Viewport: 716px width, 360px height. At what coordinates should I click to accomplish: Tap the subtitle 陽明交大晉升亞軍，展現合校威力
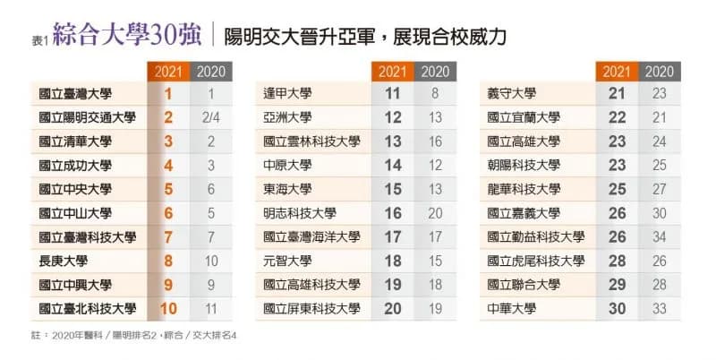[365, 37]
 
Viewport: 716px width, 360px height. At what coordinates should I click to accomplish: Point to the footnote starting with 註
[133, 335]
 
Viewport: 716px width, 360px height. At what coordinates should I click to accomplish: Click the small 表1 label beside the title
[39, 41]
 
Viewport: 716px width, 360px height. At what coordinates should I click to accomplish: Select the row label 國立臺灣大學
[75, 94]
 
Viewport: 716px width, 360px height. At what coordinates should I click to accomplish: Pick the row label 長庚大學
[63, 261]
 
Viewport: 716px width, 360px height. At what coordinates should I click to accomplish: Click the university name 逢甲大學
[287, 94]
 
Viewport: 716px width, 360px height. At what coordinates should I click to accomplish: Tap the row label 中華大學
[511, 309]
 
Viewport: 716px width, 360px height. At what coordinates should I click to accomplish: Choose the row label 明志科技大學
[300, 213]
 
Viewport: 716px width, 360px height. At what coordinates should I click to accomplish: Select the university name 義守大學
[511, 94]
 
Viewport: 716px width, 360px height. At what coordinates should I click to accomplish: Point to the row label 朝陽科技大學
[524, 166]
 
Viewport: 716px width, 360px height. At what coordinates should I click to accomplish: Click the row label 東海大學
[287, 189]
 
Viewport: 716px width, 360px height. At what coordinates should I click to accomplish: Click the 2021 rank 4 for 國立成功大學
[168, 166]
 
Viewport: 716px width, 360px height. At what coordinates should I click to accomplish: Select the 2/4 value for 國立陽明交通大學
[211, 118]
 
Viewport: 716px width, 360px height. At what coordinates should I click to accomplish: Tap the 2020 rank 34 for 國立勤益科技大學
[660, 237]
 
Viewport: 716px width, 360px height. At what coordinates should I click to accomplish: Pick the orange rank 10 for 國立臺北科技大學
[168, 309]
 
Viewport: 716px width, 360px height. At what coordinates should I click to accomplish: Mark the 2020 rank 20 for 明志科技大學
[435, 213]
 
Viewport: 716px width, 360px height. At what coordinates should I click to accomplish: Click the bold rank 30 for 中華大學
[617, 309]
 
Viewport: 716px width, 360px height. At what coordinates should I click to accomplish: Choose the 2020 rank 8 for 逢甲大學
[435, 94]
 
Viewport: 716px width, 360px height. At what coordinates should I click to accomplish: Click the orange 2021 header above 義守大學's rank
[617, 72]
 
